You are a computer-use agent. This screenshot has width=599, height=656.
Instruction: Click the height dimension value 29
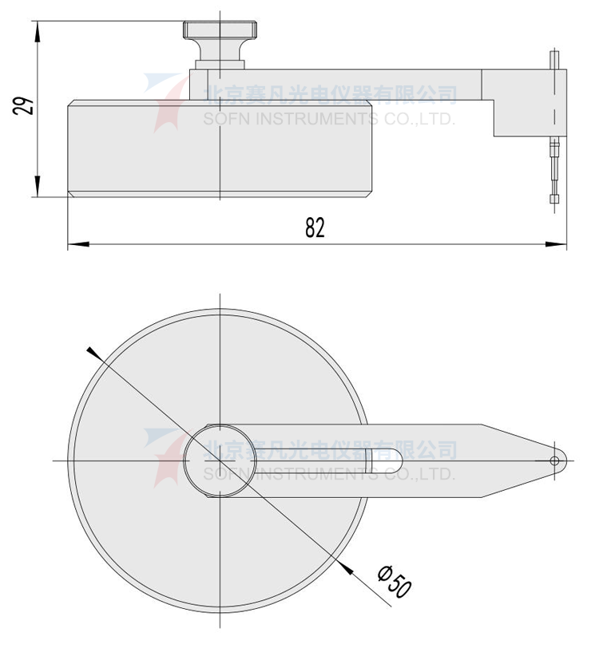25,107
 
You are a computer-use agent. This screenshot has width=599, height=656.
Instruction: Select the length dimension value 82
315,228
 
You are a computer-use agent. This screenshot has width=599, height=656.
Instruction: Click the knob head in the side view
220,31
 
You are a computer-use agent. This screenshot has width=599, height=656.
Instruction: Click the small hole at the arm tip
555,460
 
